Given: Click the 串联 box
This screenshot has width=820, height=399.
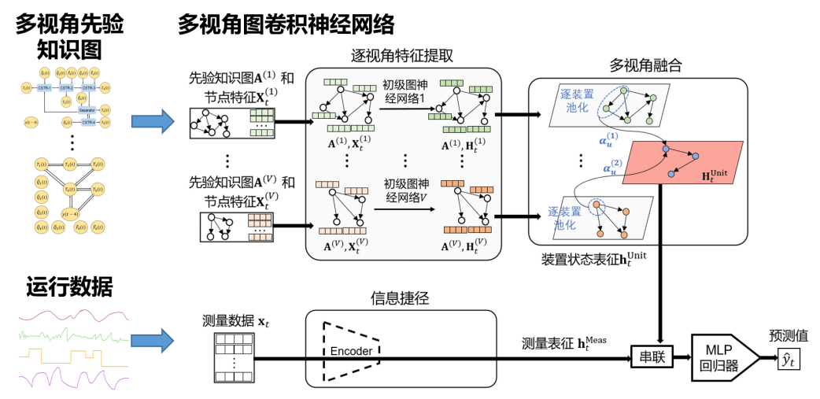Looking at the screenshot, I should tap(652, 358).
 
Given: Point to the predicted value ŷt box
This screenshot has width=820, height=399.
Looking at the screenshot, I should tap(787, 360).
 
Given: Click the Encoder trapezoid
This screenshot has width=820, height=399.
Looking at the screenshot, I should tap(350, 350).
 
